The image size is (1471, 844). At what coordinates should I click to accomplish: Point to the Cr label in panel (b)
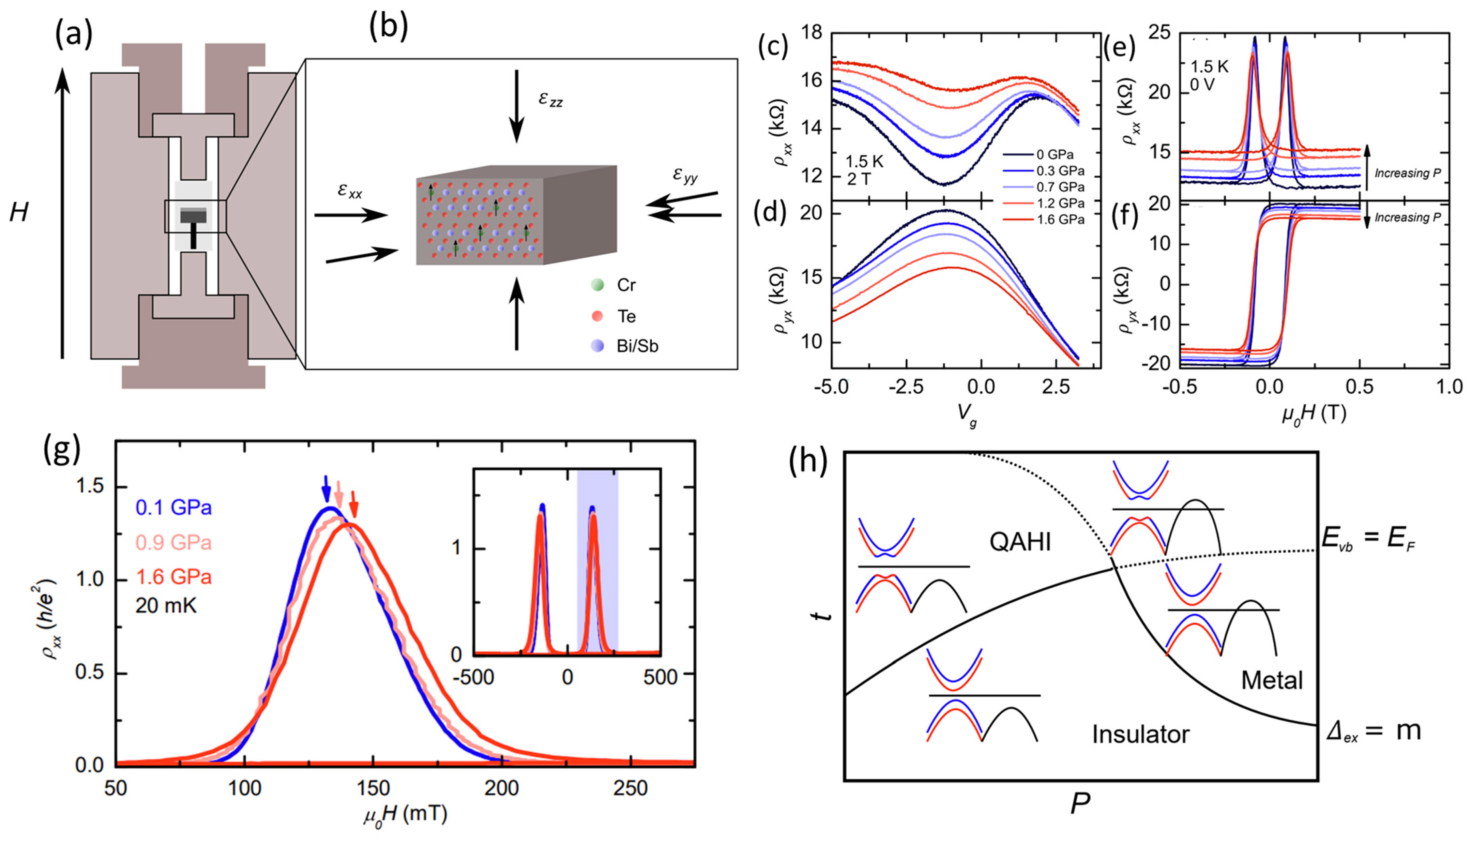tap(626, 285)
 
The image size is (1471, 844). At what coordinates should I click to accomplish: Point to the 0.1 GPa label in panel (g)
tap(174, 508)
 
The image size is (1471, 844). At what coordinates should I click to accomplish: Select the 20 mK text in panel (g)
tap(166, 606)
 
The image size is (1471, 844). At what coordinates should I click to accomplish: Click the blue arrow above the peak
tap(326, 488)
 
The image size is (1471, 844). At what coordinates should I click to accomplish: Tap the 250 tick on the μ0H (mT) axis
tap(631, 788)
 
